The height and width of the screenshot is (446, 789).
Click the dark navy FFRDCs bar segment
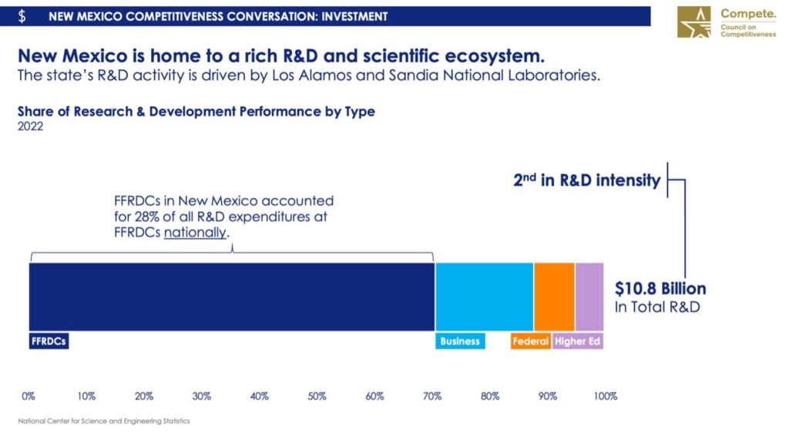[x=231, y=297]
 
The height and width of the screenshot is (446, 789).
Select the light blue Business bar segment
[x=484, y=297]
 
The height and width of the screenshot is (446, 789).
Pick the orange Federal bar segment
[x=554, y=297]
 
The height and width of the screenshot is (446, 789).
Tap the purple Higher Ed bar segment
[x=589, y=297]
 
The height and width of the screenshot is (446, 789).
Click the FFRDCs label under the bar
[x=49, y=341]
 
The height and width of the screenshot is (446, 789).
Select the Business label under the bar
[x=460, y=341]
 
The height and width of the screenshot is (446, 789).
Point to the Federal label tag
[x=530, y=341]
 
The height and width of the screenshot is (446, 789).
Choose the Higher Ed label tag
[x=577, y=341]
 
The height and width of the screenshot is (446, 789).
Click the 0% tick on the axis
[x=29, y=397]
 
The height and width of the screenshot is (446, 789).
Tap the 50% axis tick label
[x=317, y=397]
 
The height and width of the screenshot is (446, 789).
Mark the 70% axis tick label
[x=432, y=397]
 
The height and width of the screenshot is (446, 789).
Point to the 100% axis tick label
[x=606, y=397]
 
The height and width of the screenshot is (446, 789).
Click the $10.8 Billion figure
[x=660, y=289]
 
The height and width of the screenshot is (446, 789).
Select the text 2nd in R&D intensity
[x=586, y=181]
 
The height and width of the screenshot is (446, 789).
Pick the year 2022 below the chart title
[x=31, y=127]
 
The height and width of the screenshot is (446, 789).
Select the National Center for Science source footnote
[x=103, y=421]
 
